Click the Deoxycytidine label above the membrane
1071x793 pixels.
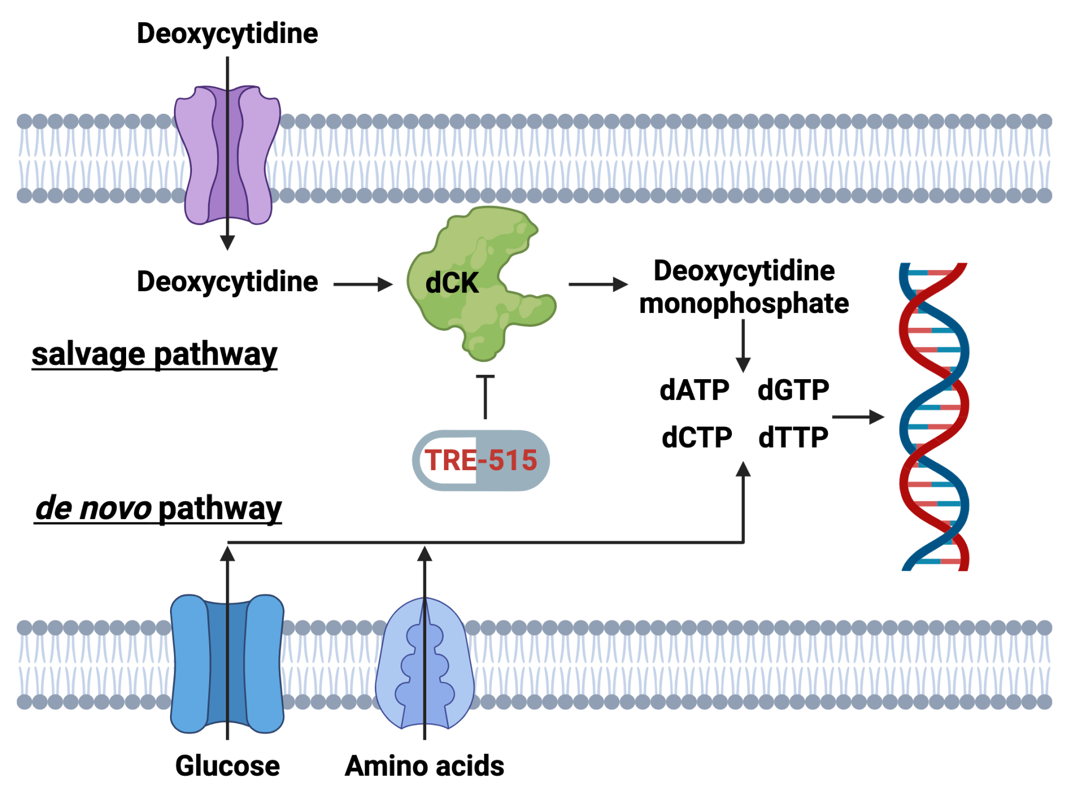click(228, 34)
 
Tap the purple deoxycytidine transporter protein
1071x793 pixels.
click(228, 155)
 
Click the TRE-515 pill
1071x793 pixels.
click(481, 461)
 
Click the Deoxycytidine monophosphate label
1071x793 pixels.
click(744, 287)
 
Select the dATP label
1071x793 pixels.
click(694, 390)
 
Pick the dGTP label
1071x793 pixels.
click(793, 390)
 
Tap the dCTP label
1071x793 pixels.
click(697, 437)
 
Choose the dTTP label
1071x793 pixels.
click(793, 437)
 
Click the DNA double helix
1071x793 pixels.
click(934, 417)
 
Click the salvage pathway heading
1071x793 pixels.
click(155, 355)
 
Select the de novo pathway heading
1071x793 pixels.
click(158, 509)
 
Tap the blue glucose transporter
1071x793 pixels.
click(228, 664)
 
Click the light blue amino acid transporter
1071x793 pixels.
click(425, 664)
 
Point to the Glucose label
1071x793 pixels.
click(228, 766)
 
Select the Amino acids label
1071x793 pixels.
click(424, 766)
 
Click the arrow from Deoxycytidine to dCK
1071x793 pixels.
click(363, 284)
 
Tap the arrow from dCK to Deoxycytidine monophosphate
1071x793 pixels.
click(599, 284)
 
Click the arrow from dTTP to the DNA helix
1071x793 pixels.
click(858, 417)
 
